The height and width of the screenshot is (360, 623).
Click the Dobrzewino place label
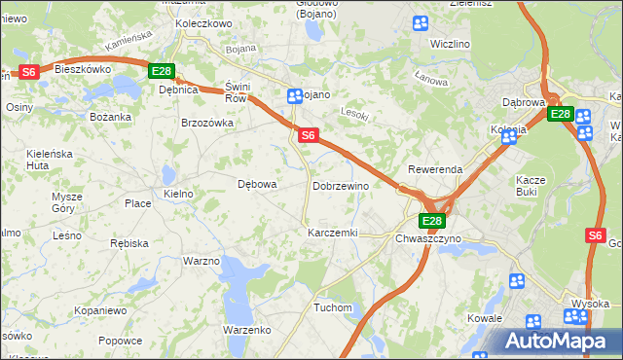(340, 186)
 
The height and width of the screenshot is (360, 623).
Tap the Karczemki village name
(333, 234)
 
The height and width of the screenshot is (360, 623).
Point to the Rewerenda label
(435, 169)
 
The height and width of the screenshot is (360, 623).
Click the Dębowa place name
(258, 184)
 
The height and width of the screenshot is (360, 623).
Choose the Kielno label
(179, 195)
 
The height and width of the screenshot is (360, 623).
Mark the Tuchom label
(332, 307)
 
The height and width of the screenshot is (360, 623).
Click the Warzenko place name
(246, 330)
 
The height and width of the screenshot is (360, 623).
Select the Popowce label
(120, 342)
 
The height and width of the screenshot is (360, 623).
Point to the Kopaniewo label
(100, 310)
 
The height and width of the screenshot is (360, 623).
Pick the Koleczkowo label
(202, 23)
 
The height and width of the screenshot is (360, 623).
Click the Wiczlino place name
(450, 44)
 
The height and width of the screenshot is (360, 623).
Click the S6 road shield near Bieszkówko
(28, 71)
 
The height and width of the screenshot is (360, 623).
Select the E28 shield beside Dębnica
(162, 71)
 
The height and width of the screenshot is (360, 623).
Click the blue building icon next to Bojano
(294, 95)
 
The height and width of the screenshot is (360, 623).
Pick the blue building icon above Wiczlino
(420, 23)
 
